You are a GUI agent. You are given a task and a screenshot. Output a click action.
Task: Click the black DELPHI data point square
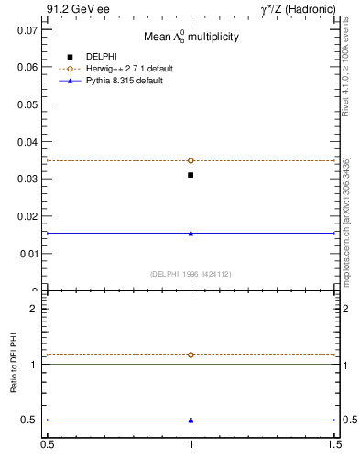tap(191, 175)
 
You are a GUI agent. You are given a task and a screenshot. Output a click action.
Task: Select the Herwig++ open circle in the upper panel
tap(191, 160)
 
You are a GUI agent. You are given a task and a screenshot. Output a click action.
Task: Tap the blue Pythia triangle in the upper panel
tap(191, 233)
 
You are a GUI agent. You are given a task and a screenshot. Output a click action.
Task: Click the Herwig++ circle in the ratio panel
tap(191, 354)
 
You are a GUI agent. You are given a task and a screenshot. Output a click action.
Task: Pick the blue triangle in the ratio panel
tap(191, 420)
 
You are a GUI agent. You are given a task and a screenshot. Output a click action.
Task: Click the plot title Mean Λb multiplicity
tap(191, 38)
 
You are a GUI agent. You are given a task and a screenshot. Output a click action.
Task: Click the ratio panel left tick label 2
tap(33, 309)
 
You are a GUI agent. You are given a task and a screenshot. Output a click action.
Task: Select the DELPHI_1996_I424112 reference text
tap(190, 273)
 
